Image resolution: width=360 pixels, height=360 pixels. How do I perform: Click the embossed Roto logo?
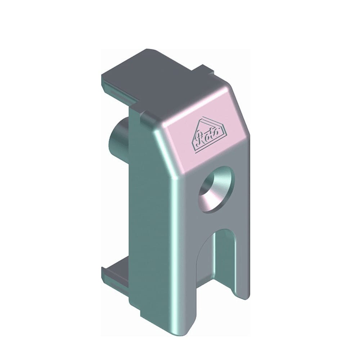click(209, 135)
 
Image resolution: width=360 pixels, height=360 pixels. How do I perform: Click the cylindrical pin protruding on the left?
click(118, 136)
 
